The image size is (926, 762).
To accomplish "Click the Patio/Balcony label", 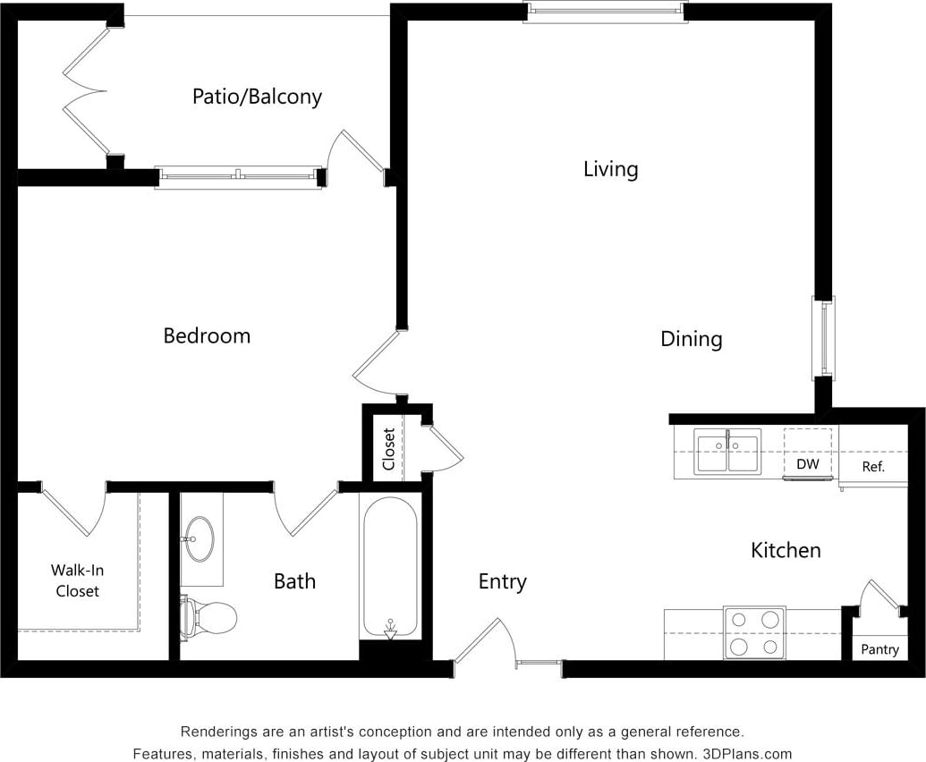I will [257, 97].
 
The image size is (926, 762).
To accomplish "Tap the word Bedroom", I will [207, 336].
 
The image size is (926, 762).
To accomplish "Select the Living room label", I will [610, 169].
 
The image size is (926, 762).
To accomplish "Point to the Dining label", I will [691, 339].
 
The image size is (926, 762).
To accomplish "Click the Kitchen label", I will [786, 550].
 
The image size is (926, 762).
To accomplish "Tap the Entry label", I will [502, 581].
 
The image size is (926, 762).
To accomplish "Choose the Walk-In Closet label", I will [77, 580].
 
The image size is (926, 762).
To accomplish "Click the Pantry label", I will [879, 649].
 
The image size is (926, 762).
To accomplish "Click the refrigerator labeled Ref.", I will [872, 466].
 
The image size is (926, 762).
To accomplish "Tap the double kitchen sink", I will [728, 452].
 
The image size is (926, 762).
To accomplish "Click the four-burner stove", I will [754, 632].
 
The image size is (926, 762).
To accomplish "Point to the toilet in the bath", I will [209, 615].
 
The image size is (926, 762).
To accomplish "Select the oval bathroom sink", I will [200, 539].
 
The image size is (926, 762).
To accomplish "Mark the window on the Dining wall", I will [822, 337].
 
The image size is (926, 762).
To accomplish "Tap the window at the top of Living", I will [605, 12].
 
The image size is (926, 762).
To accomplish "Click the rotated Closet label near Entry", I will [388, 449].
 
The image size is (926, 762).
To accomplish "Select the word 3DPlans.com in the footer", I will [745, 753].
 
